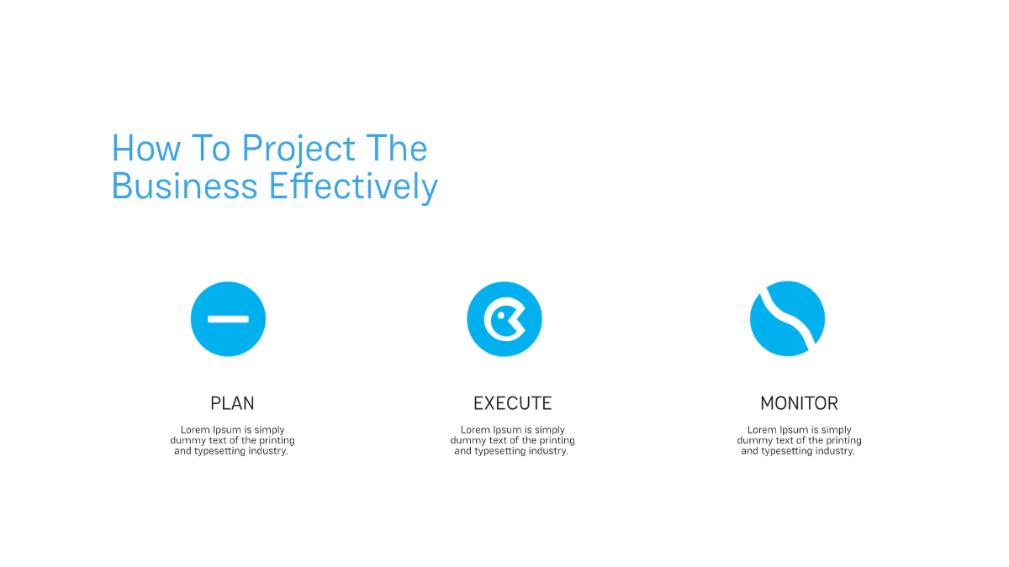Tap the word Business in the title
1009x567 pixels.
click(184, 186)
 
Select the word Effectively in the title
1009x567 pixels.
click(353, 186)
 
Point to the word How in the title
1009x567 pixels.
click(146, 149)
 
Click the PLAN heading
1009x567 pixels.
click(232, 403)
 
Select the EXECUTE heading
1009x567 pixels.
click(512, 403)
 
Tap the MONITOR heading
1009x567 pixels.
click(799, 403)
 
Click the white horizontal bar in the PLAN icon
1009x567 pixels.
click(228, 319)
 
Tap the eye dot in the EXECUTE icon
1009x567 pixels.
click(502, 318)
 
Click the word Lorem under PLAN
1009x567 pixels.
click(195, 430)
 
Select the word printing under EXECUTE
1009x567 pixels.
click(557, 440)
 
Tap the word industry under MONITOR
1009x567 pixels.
click(834, 451)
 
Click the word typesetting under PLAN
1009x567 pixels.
click(219, 451)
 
